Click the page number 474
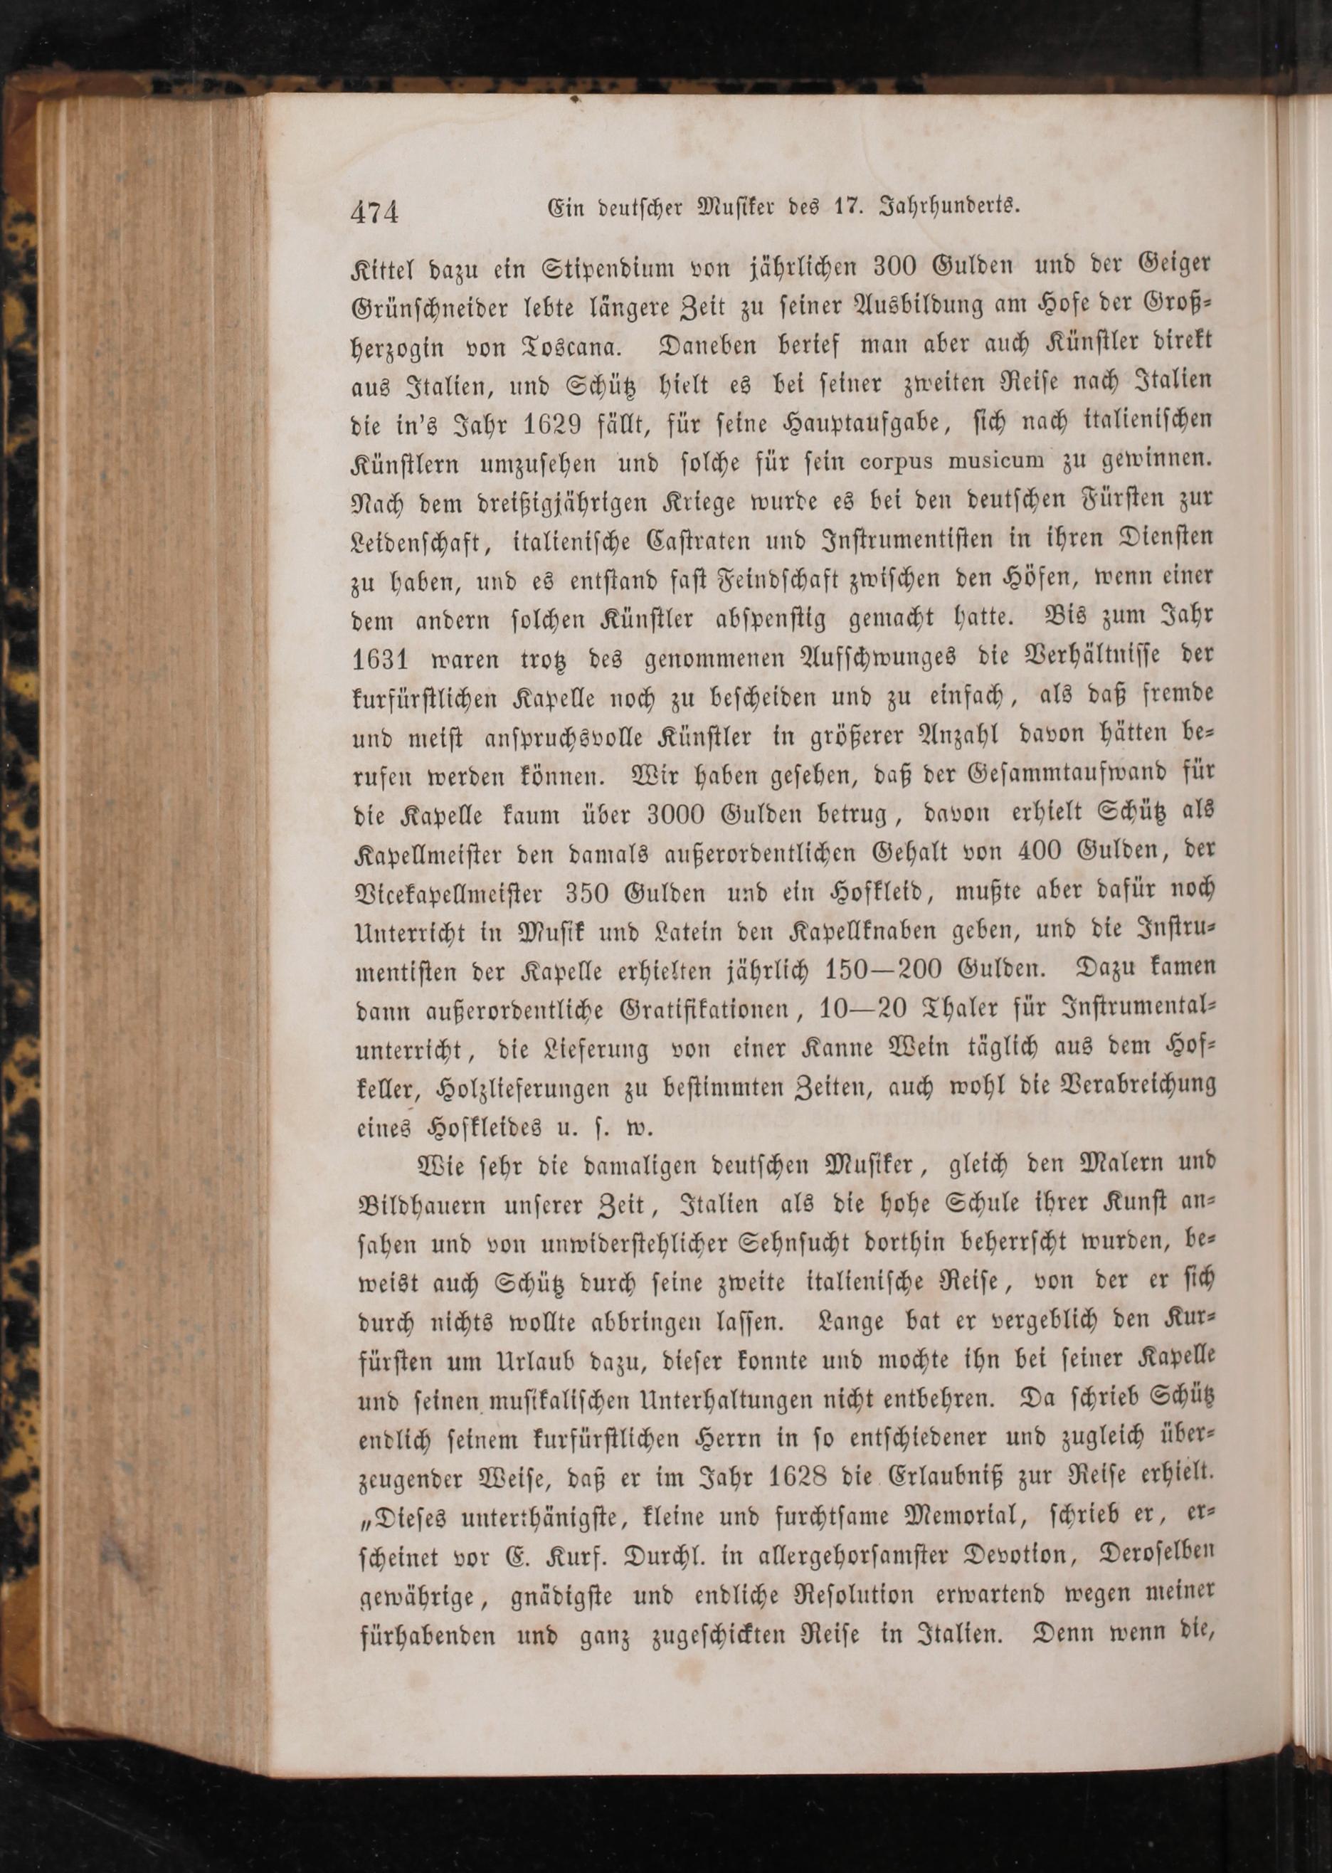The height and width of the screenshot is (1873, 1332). point(374,213)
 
